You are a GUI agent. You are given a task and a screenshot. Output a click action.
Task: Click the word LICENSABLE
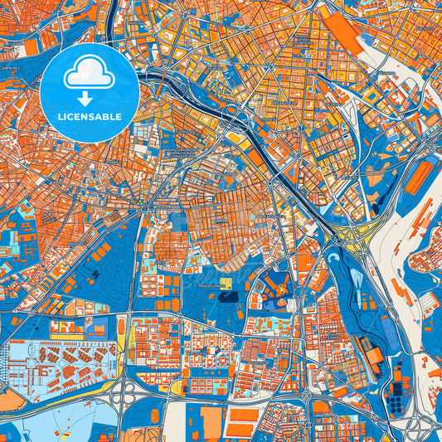pyautogui.click(x=90, y=117)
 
